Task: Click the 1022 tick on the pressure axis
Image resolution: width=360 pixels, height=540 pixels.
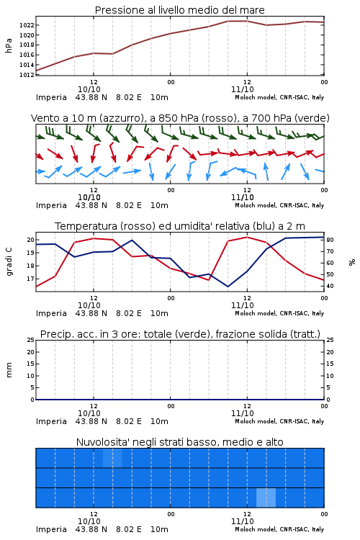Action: (27, 25)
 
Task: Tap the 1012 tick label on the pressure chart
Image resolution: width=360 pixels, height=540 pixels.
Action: (27, 75)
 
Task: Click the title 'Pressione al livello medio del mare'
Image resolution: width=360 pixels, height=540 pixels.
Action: (180, 10)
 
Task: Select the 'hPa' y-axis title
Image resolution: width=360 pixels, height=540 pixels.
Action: (9, 45)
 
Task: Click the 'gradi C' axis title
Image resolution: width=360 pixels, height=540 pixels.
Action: (9, 261)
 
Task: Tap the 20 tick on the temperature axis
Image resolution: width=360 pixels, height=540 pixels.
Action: (30, 240)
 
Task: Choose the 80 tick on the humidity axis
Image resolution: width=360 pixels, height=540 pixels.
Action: (330, 240)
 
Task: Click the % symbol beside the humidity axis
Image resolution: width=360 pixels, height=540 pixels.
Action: (352, 262)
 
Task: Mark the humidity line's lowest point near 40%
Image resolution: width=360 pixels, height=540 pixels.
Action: (228, 287)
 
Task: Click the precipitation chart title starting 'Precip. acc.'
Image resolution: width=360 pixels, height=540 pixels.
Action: (180, 334)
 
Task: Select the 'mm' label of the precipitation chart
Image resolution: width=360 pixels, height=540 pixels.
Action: (9, 370)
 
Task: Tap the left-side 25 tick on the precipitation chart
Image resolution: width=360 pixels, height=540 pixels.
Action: (31, 340)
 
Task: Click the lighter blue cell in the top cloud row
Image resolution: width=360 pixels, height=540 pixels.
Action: (112, 458)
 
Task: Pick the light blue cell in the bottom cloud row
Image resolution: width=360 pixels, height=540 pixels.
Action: (266, 498)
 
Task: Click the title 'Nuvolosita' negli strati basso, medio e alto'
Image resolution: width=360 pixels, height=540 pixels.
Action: (180, 442)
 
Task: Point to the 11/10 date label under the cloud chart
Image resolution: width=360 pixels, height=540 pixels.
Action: (243, 521)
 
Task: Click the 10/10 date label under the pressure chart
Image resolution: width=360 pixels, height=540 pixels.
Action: (89, 89)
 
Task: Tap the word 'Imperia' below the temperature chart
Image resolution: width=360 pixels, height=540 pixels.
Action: (51, 313)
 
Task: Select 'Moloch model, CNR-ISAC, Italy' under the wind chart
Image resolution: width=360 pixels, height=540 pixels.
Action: (279, 205)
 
